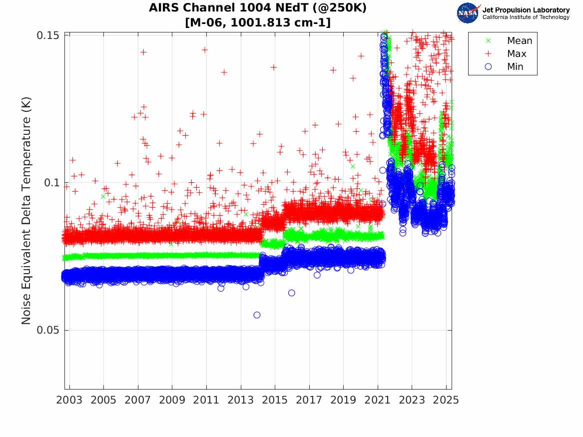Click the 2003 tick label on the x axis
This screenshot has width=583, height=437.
coord(69,400)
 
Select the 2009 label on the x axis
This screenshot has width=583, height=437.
coord(172,400)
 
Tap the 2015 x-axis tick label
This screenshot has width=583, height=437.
coord(275,400)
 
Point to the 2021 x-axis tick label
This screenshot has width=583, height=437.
coord(378,400)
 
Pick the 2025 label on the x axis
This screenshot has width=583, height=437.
coord(446,400)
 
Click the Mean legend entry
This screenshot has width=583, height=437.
coord(520,41)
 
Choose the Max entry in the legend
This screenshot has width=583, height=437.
coord(517,54)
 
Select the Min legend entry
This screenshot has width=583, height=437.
coord(516,67)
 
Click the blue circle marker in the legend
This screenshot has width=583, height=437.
coord(489,67)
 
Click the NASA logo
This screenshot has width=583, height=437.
coord(468,12)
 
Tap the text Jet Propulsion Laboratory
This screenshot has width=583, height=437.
coord(526,9)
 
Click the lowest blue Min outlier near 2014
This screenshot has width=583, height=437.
coord(257,315)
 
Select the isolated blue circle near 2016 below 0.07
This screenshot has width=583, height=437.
coord(292,293)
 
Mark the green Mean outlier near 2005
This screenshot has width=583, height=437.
coord(103,196)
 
